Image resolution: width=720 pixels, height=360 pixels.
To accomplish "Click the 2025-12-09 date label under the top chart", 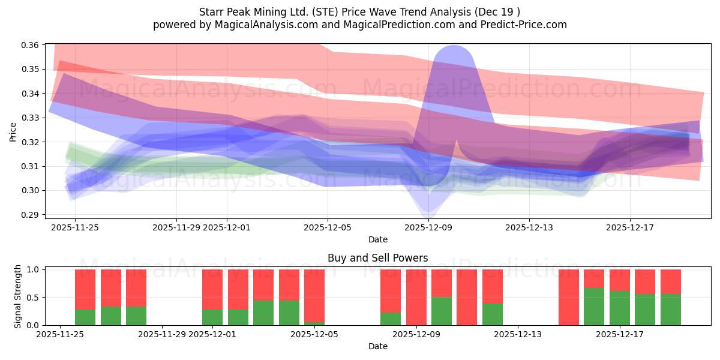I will click(x=428, y=228).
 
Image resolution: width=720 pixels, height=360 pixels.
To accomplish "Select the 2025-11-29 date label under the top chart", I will click(x=176, y=228).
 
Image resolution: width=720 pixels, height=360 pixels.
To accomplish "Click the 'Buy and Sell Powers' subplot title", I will click(x=377, y=259).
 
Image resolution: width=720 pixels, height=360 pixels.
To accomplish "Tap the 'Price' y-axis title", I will click(x=13, y=132).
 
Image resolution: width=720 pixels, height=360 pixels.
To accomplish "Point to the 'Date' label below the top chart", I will click(x=377, y=239).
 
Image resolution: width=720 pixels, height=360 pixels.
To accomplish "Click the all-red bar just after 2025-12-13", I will click(x=569, y=297).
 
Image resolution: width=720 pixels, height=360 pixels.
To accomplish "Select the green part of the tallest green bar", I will click(x=594, y=307).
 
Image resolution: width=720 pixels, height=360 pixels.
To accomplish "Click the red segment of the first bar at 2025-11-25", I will click(x=85, y=289).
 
